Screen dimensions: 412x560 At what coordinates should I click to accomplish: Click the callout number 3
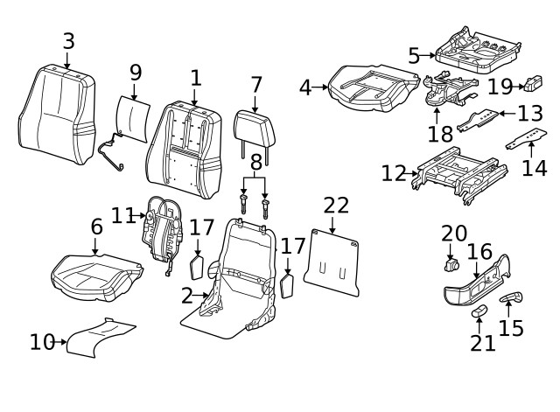point(68,41)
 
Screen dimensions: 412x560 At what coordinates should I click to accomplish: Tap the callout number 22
point(336,206)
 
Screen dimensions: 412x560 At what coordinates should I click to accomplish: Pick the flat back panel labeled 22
point(332,262)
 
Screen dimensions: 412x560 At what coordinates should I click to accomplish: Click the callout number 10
point(41,342)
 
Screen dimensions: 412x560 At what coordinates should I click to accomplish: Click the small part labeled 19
point(533,85)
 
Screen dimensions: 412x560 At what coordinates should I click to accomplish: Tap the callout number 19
point(500,86)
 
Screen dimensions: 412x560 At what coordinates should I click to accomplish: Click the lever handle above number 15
point(511,300)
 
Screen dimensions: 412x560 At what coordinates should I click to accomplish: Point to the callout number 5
point(414,56)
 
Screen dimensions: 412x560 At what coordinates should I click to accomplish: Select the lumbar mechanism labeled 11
point(163,227)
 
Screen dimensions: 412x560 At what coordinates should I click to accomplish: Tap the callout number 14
point(534,167)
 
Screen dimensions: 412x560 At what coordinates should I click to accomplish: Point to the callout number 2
point(187,296)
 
